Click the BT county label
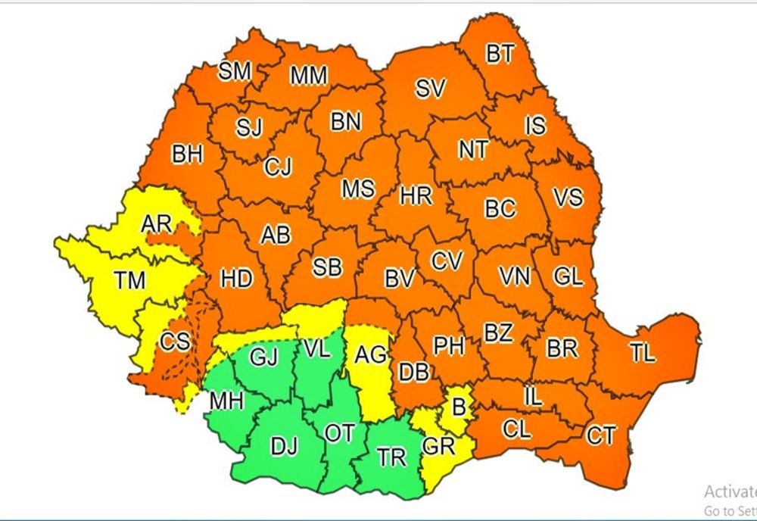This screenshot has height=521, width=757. click(x=500, y=55)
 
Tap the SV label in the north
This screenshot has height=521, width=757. click(x=430, y=89)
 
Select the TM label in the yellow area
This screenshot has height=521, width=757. click(x=129, y=281)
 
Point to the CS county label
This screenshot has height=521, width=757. click(x=175, y=342)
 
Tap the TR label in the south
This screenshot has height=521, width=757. click(x=391, y=458)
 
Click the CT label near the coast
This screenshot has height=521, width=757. click(x=601, y=435)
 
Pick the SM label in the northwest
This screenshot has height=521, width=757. click(x=235, y=72)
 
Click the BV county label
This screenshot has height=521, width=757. click(x=399, y=279)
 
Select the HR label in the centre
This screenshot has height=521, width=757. click(x=416, y=197)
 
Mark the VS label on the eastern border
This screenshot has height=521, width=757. click(x=568, y=198)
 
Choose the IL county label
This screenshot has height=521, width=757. click(x=533, y=395)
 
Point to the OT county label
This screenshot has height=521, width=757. click(x=339, y=432)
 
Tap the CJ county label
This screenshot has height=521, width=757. click(x=278, y=167)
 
